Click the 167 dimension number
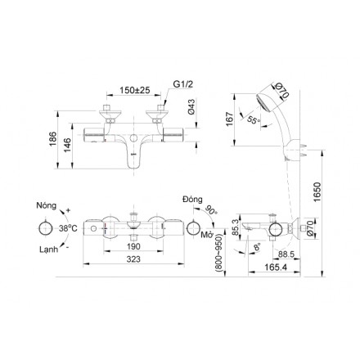click(230, 119)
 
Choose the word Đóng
click(191, 199)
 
